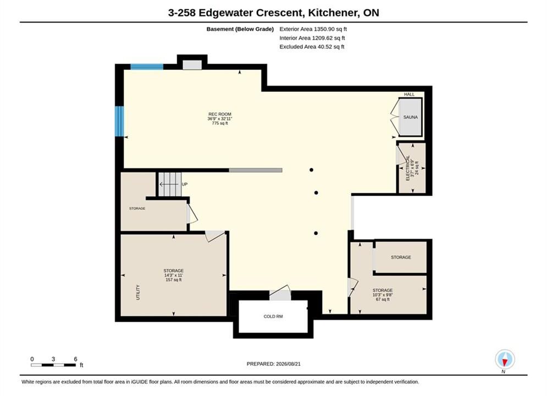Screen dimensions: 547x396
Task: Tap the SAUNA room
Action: [x=411, y=117]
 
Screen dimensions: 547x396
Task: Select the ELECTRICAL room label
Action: [x=408, y=168]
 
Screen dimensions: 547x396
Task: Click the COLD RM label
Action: [x=273, y=316]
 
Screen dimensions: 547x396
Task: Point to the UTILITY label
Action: [x=138, y=293]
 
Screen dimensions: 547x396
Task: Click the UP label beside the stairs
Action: [x=185, y=184]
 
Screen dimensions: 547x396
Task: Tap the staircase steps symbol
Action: [x=170, y=184]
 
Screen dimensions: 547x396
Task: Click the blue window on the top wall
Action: [x=147, y=67]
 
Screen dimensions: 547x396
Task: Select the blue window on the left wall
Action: [x=119, y=121]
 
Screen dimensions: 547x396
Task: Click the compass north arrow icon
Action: [x=505, y=359]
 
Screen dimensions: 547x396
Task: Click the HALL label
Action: [x=409, y=94]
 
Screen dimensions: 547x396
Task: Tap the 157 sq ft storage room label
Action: [x=173, y=275]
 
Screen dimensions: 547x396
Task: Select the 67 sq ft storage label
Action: [x=383, y=295]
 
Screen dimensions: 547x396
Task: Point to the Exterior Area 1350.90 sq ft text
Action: [x=313, y=29]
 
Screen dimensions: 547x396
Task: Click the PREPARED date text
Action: [x=274, y=364]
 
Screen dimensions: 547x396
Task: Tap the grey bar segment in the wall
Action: [x=256, y=170]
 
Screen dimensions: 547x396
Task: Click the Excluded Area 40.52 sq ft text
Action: [x=312, y=47]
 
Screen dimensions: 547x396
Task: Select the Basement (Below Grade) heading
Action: [x=240, y=29]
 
